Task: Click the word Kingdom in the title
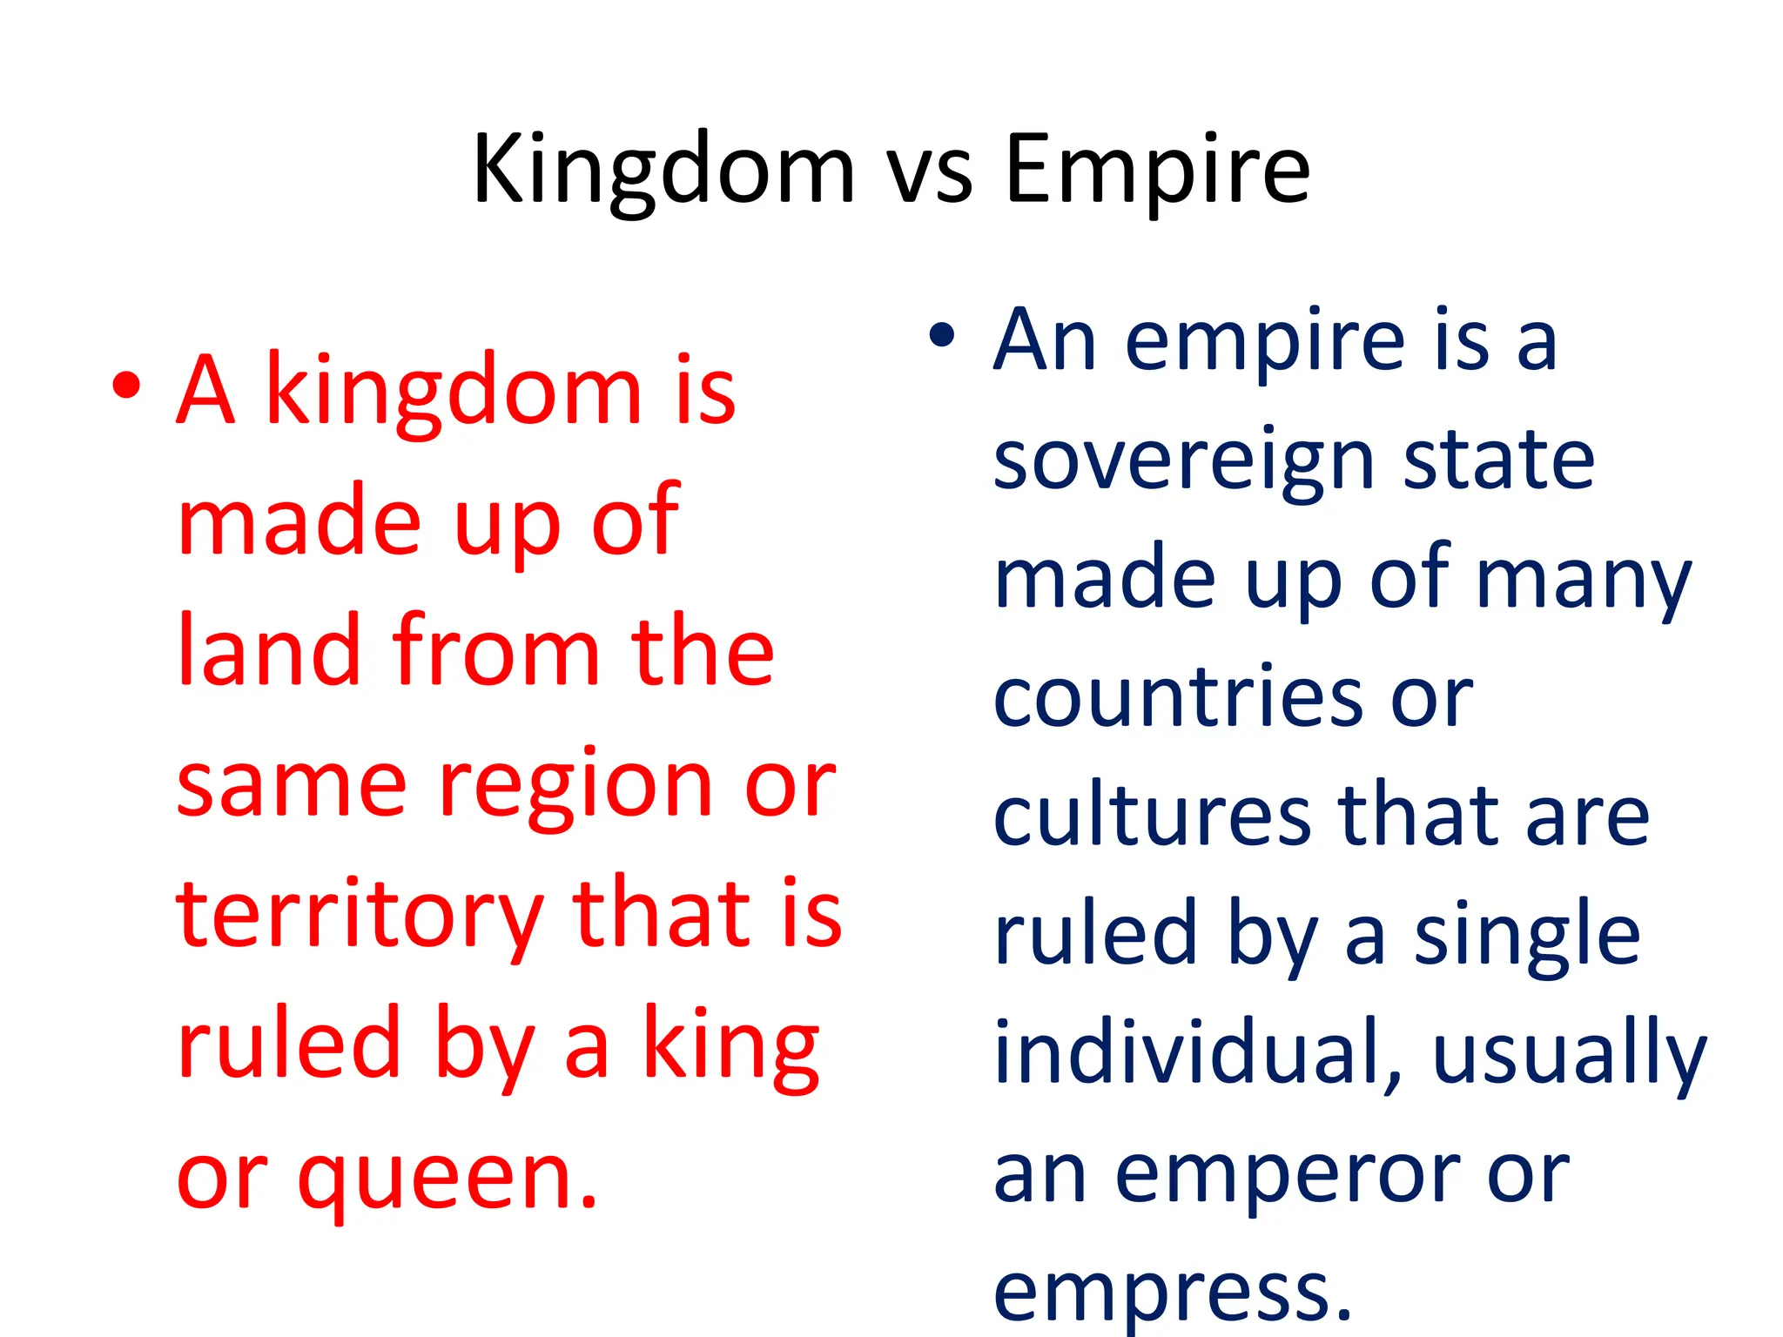pyautogui.click(x=663, y=171)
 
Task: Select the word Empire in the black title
pyautogui.click(x=1157, y=171)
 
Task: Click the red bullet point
pyautogui.click(x=127, y=386)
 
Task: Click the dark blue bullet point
pyautogui.click(x=942, y=335)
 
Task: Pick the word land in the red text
pyautogui.click(x=268, y=650)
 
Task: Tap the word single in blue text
pyautogui.click(x=1527, y=937)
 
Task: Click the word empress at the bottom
pyautogui.click(x=1172, y=1292)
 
